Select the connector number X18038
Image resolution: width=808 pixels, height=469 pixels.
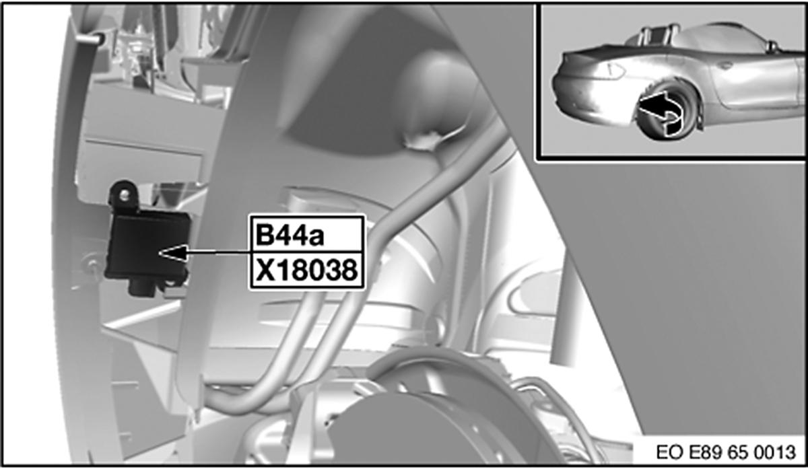306,272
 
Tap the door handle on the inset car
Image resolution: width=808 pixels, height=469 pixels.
725,66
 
